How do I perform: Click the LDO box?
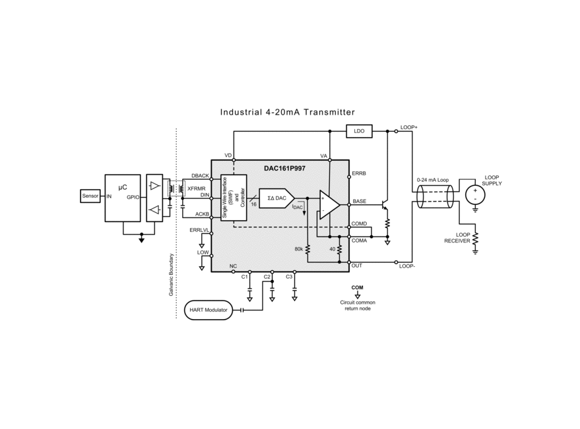359,131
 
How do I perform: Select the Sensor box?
90,196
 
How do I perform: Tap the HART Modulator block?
209,310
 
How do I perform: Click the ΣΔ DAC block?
276,198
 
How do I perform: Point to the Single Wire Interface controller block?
234,198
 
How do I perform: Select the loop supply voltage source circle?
475,195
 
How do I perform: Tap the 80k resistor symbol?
307,249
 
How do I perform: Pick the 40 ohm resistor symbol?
339,249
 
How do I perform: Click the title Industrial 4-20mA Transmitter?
288,112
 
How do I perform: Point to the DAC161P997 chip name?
284,168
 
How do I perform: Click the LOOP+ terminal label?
408,127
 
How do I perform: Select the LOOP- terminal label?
407,266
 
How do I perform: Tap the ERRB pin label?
359,173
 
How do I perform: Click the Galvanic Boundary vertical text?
171,275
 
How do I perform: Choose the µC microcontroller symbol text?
123,187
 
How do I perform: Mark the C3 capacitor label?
289,277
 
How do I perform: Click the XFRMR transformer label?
197,188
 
